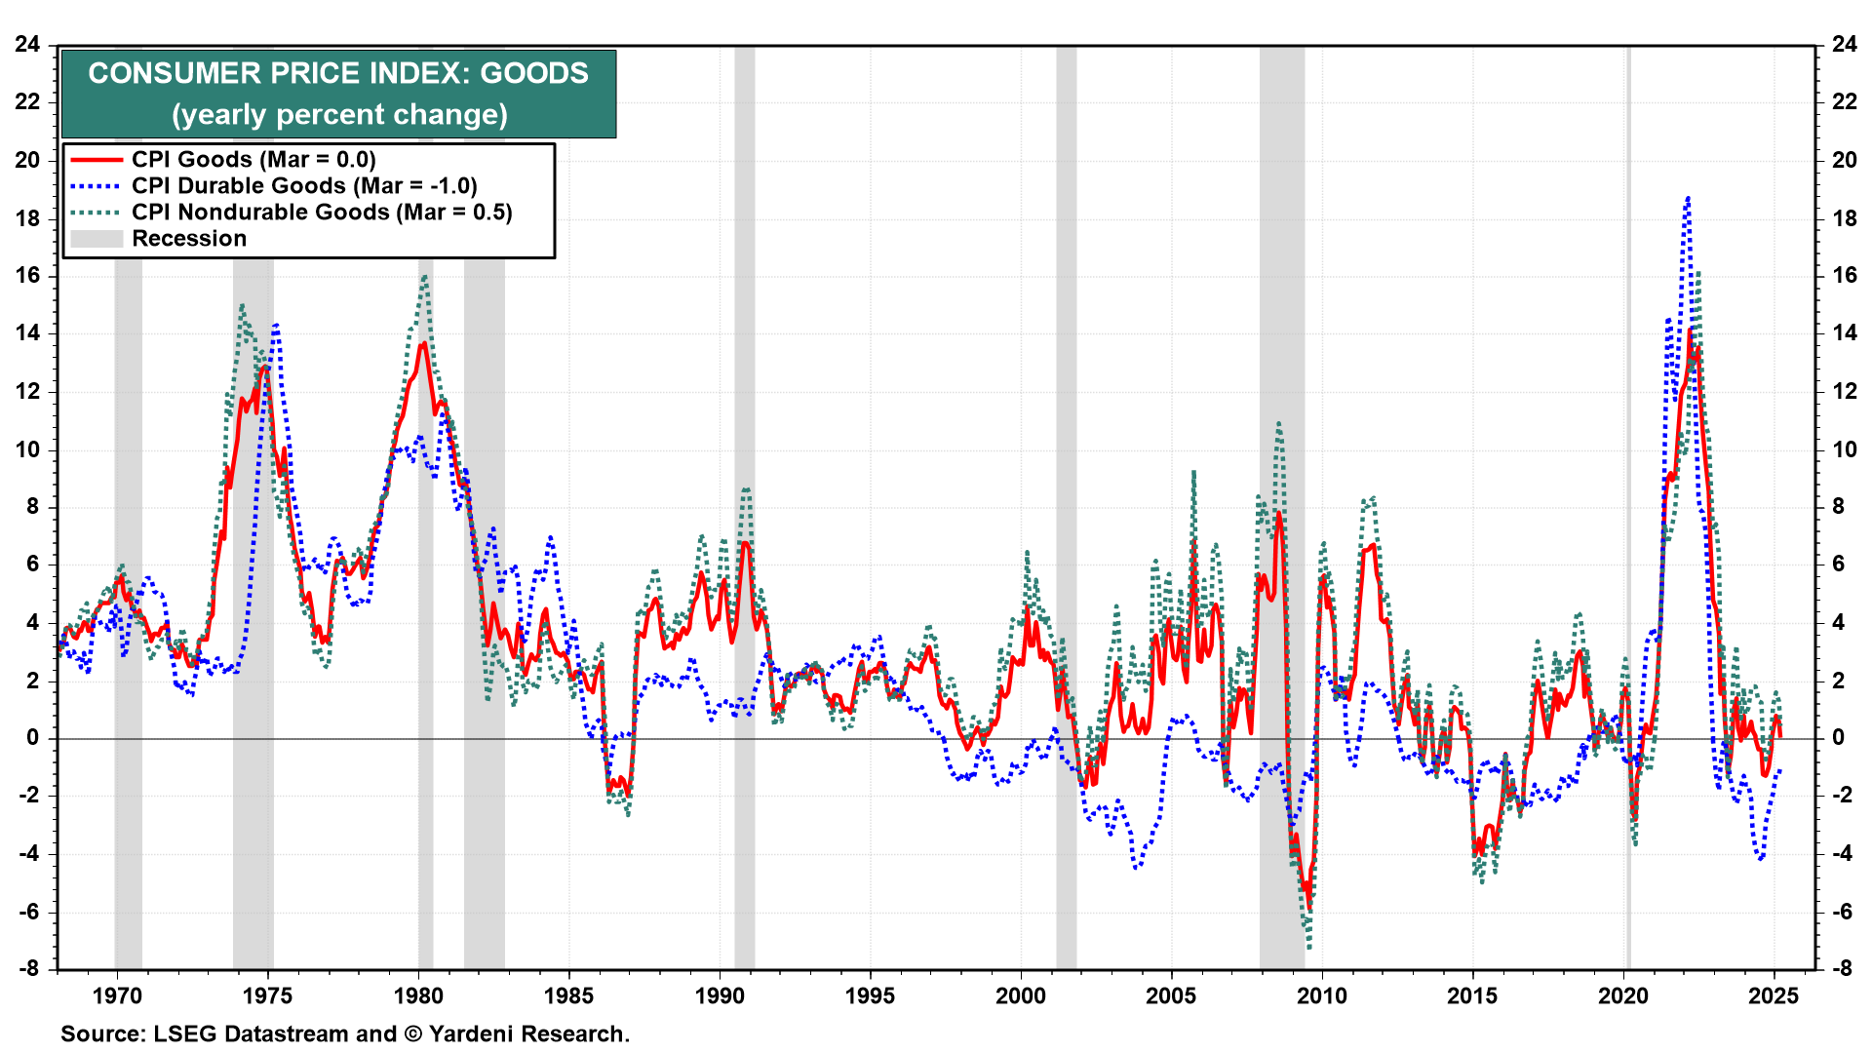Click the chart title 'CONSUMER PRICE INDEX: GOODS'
click(338, 73)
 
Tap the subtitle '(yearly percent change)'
click(339, 115)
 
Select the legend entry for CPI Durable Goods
click(304, 186)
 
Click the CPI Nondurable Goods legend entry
click(322, 213)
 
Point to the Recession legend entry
click(189, 239)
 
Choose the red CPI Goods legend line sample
click(96, 160)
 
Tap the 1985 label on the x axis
click(568, 995)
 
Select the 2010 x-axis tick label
click(1322, 995)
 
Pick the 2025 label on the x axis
click(1774, 995)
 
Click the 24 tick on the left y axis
click(27, 44)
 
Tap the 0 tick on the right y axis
click(1838, 738)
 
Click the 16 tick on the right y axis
click(1844, 275)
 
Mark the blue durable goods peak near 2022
click(1687, 198)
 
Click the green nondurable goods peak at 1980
click(424, 276)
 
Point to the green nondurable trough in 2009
click(1308, 947)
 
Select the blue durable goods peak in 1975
click(276, 325)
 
